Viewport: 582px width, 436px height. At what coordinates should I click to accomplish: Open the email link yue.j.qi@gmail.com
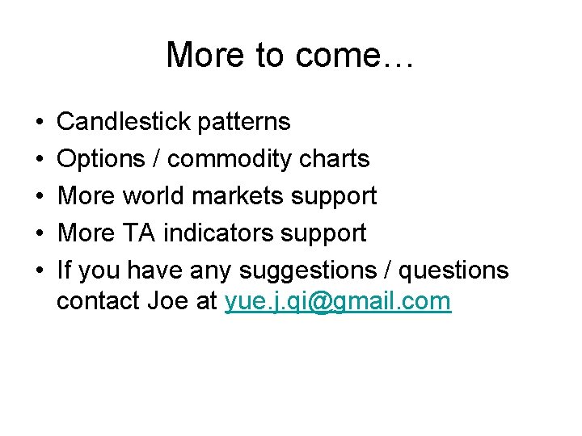pos(338,302)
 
